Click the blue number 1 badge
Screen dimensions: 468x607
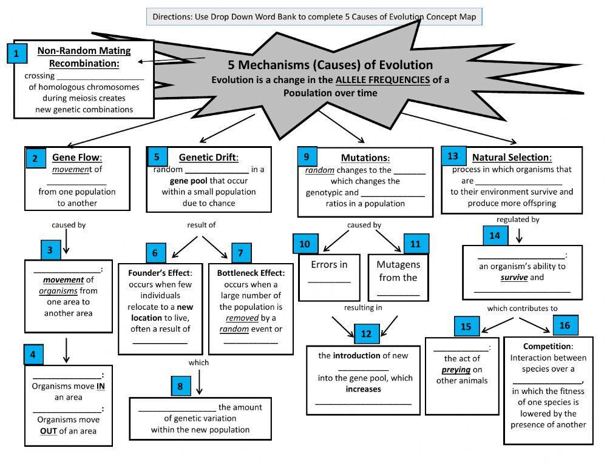(16, 53)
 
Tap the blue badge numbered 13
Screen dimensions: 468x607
(453, 156)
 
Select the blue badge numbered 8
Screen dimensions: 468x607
(180, 386)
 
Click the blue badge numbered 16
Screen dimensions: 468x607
(565, 326)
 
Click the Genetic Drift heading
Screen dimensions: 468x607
(208, 158)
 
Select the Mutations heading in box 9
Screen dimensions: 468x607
(364, 158)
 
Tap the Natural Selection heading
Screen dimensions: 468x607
(512, 158)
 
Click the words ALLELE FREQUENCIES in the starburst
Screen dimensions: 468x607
(382, 79)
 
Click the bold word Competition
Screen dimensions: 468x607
(548, 346)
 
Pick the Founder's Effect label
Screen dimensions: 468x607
(160, 273)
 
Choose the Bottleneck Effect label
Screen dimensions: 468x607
(251, 273)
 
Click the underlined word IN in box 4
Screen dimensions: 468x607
(101, 386)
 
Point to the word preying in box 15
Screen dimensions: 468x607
(456, 369)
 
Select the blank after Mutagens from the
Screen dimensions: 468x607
(398, 293)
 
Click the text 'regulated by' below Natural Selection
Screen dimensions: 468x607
(517, 219)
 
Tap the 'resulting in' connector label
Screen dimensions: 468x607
(363, 307)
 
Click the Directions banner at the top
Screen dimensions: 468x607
(314, 16)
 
